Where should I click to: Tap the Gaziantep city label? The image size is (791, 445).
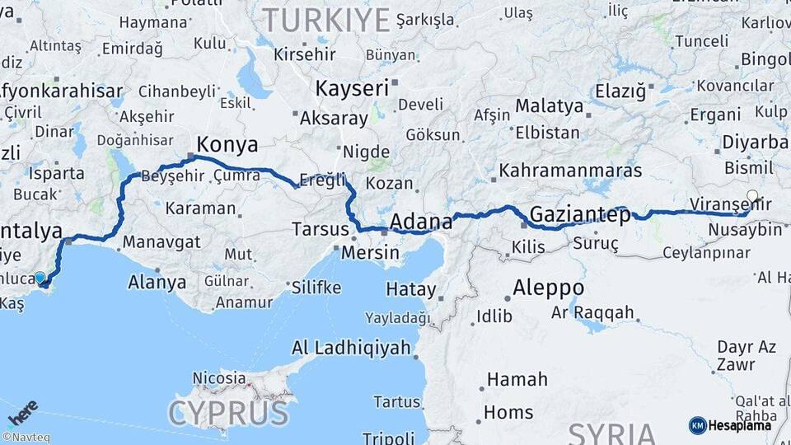click(x=580, y=214)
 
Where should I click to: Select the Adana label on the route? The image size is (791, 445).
click(x=420, y=221)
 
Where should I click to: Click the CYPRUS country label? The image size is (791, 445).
click(x=228, y=411)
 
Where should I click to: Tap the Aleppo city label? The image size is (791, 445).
click(x=548, y=288)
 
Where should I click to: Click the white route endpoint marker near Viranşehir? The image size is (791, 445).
click(x=751, y=196)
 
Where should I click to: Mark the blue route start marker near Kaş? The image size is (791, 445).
click(x=40, y=278)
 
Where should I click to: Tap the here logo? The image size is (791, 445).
click(x=23, y=412)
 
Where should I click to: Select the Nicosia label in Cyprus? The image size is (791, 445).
click(x=219, y=377)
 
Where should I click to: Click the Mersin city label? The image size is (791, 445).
click(x=370, y=252)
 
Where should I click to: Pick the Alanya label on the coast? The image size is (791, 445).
click(x=157, y=282)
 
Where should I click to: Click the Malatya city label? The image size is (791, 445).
click(x=549, y=106)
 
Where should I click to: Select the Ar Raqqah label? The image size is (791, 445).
click(x=592, y=312)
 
